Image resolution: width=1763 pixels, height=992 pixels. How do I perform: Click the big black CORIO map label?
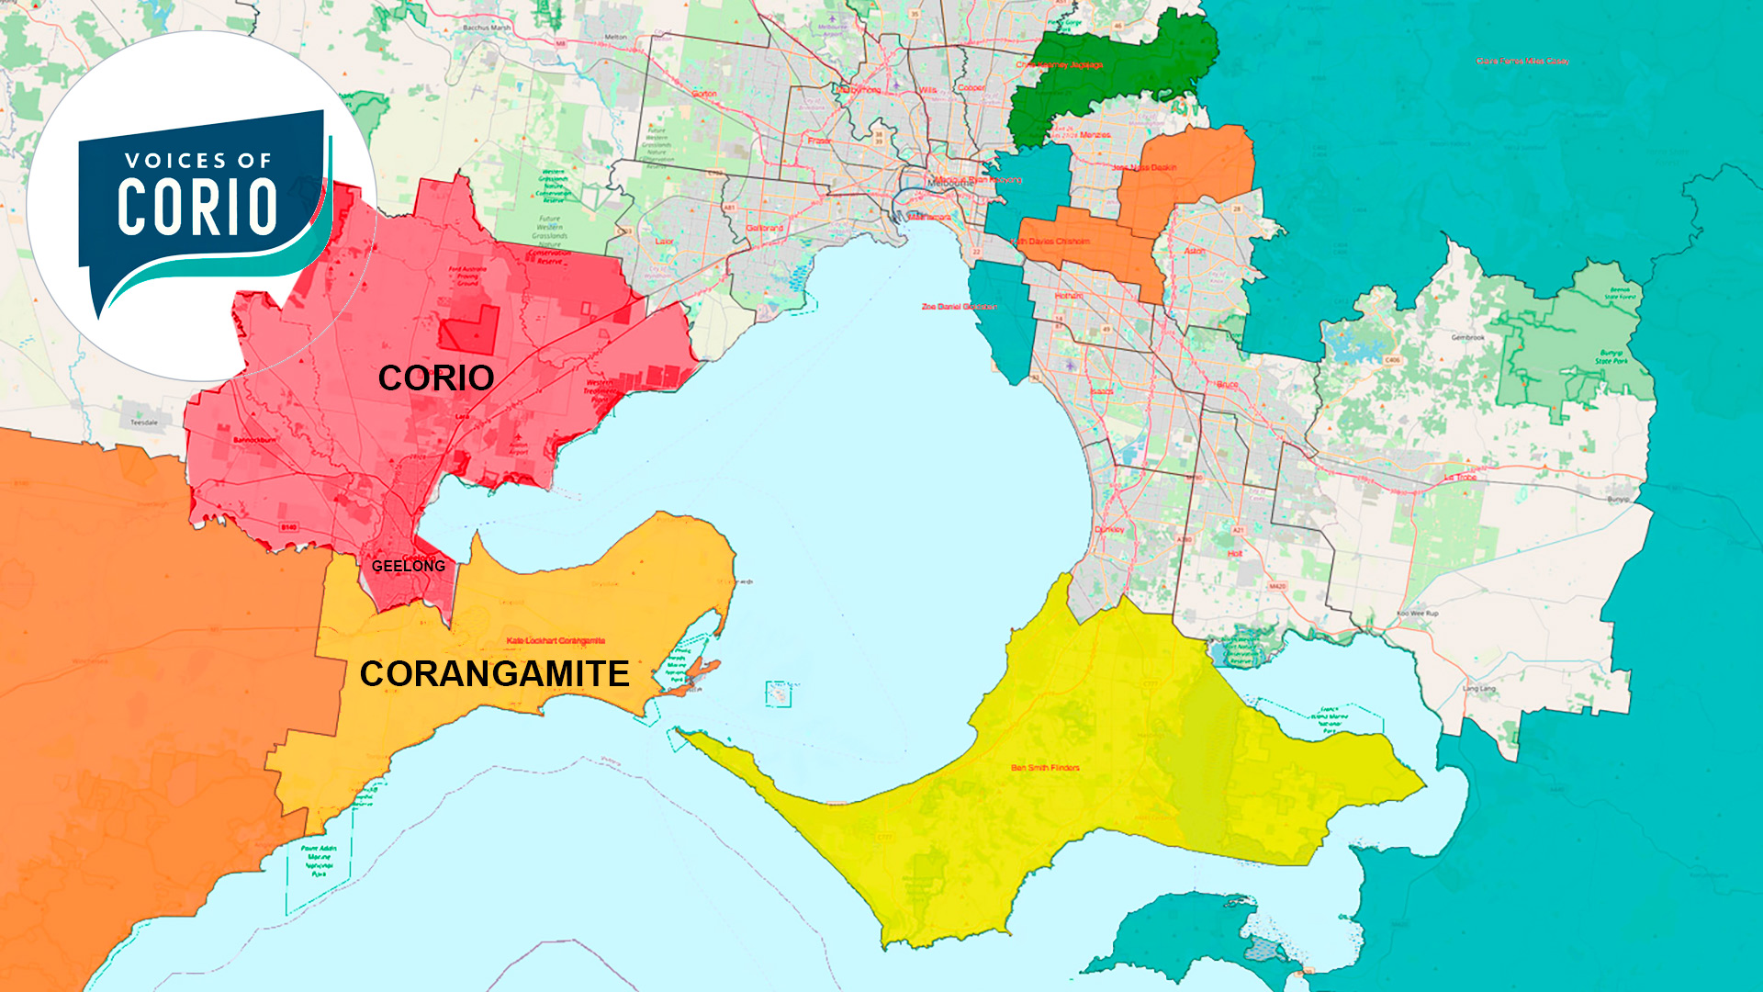click(436, 378)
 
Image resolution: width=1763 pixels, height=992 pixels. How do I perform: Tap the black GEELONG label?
click(409, 566)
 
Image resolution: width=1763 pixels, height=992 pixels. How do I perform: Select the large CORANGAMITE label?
click(494, 674)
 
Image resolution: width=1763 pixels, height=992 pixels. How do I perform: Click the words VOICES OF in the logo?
click(198, 161)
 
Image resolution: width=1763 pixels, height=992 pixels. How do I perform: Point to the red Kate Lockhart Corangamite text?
click(556, 640)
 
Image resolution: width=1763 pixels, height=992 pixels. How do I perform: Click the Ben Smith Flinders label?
click(1045, 768)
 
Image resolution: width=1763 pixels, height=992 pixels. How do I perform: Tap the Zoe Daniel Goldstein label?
click(959, 307)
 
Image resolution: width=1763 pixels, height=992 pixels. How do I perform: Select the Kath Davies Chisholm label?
click(1052, 242)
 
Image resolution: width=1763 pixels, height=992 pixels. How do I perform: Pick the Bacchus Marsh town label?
click(487, 28)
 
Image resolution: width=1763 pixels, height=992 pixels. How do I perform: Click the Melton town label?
click(615, 38)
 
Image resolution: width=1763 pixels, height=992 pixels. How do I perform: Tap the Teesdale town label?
click(144, 423)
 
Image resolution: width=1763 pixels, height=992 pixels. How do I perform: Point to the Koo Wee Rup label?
click(1418, 614)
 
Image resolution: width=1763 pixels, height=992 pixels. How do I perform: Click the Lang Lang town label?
click(1478, 688)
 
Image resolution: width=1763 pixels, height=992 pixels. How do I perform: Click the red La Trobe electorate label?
click(1460, 478)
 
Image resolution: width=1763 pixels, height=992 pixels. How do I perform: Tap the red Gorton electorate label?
click(704, 94)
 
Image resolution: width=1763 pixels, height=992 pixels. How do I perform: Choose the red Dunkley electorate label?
click(1109, 530)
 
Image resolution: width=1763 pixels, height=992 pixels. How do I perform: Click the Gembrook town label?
click(1467, 337)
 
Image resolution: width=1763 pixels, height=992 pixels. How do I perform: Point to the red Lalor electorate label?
click(664, 242)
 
